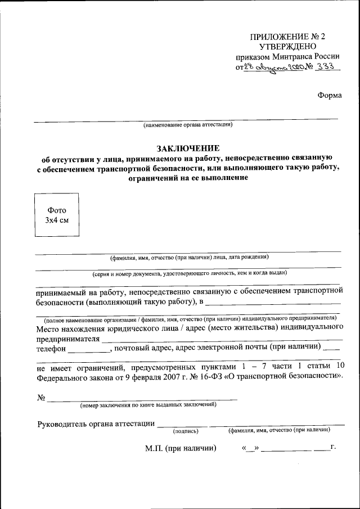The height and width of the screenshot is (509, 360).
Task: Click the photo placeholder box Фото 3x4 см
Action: click(56, 215)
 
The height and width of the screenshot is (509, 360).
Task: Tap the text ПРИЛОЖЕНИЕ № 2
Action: click(287, 37)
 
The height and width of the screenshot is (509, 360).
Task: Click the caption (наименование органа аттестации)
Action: click(187, 124)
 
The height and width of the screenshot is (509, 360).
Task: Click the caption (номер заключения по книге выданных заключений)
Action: click(148, 404)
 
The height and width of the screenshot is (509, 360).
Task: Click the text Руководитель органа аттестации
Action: click(96, 424)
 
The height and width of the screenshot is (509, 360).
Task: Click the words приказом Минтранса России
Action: click(287, 57)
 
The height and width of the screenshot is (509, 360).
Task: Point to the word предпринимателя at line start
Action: click(68, 339)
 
